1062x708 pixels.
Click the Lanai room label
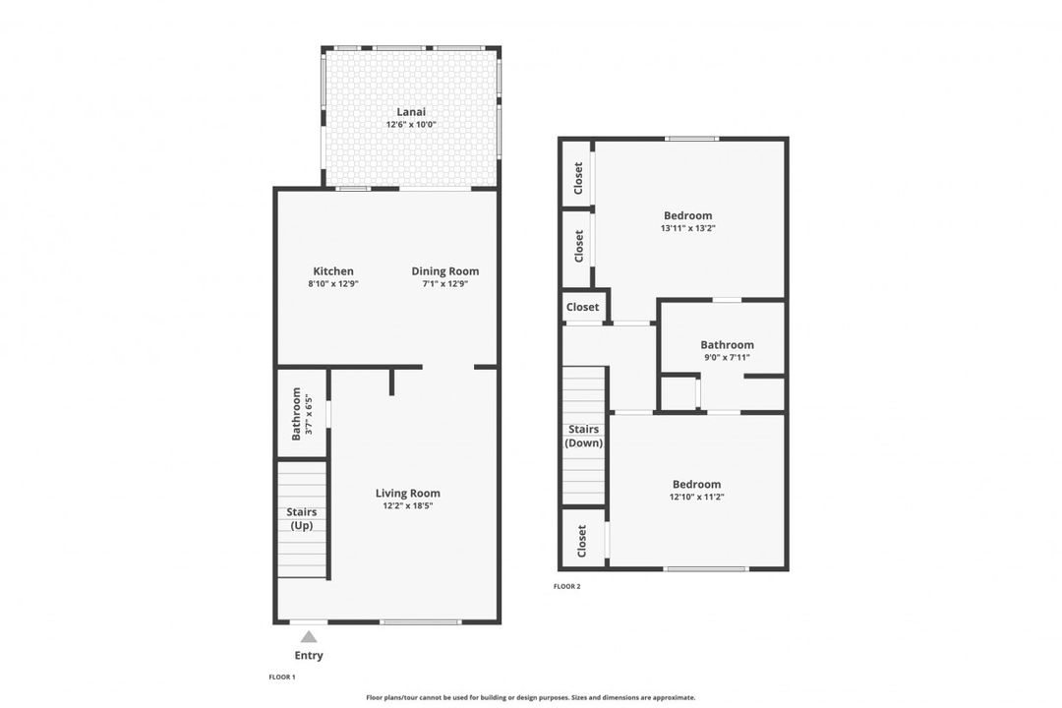click(411, 112)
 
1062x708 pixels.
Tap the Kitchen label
click(333, 271)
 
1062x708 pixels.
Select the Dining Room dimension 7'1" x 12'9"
click(444, 284)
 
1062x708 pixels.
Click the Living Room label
click(407, 494)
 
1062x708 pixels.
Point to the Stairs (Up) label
click(301, 518)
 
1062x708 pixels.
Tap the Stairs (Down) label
click(583, 436)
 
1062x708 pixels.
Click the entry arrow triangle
click(309, 636)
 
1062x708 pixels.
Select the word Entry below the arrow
click(309, 656)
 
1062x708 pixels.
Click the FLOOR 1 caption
click(282, 678)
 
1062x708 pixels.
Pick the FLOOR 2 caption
click(567, 586)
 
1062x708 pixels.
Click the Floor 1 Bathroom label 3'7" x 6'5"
click(301, 412)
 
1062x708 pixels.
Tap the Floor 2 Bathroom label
click(727, 345)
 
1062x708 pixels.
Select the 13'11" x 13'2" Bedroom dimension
click(687, 228)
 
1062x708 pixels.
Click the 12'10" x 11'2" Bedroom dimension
click(696, 497)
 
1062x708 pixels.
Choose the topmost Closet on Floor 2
click(578, 176)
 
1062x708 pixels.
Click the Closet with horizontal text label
click(582, 307)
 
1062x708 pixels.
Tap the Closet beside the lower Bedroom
click(582, 540)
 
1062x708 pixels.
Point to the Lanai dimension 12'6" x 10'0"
click(411, 125)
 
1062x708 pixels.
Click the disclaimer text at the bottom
click(530, 697)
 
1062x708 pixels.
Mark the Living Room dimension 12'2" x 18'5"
click(407, 506)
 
